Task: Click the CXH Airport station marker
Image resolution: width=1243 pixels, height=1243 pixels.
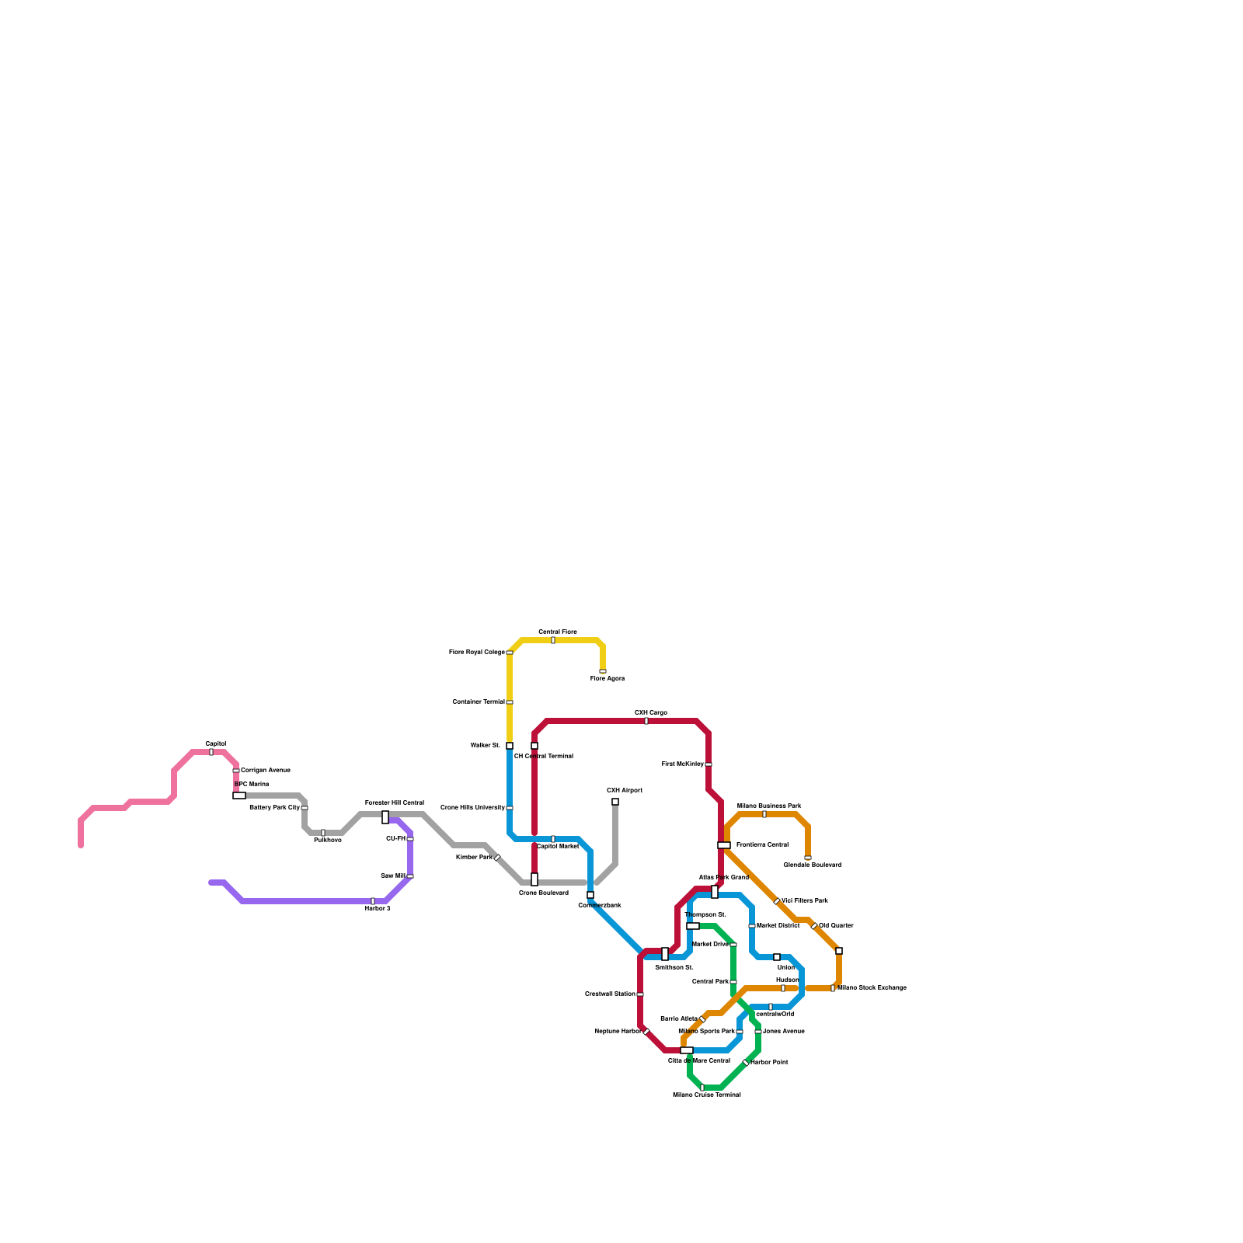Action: click(615, 802)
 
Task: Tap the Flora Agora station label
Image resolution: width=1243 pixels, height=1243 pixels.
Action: click(608, 679)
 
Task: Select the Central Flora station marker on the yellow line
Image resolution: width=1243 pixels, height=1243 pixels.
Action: click(553, 640)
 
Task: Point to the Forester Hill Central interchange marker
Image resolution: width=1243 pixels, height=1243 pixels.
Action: click(385, 817)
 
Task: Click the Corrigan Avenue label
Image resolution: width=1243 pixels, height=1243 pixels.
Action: click(266, 771)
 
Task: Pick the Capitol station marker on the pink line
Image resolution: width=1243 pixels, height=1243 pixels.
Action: click(211, 752)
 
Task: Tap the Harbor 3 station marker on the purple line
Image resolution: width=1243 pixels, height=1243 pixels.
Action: click(373, 901)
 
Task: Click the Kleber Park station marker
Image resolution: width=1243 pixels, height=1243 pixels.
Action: click(497, 858)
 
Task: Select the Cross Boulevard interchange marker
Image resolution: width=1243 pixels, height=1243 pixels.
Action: click(534, 879)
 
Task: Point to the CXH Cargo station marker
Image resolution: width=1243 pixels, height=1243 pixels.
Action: click(646, 721)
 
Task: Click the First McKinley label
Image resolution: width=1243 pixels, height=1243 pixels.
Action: click(683, 764)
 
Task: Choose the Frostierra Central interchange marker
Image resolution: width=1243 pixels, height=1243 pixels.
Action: click(724, 845)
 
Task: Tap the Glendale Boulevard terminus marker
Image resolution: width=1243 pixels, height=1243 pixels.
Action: click(808, 858)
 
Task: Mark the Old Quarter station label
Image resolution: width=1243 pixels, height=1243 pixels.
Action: click(837, 926)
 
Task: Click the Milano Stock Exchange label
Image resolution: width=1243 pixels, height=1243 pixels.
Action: click(872, 988)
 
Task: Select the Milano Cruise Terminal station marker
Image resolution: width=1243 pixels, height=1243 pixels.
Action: click(702, 1088)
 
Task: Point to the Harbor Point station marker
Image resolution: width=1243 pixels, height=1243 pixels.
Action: click(746, 1063)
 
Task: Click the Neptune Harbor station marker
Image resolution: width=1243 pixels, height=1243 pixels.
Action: click(646, 1032)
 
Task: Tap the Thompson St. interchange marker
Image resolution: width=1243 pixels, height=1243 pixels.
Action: click(693, 926)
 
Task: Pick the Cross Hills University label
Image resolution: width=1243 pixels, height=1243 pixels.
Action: click(472, 808)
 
